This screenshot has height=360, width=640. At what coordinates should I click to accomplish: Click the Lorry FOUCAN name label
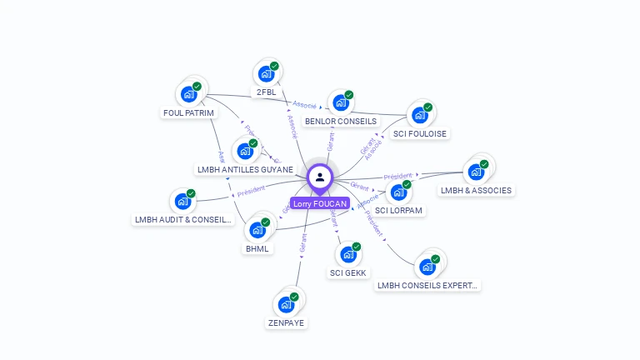319,203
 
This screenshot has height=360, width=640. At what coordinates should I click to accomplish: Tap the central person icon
319,177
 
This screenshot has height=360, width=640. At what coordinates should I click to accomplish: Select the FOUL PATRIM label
188,112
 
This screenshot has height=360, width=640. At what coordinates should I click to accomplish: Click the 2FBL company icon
266,74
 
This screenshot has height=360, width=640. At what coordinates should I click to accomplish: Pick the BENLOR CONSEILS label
341,121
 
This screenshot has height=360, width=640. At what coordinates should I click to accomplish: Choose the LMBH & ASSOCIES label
477,190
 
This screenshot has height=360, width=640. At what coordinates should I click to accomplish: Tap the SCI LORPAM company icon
399,192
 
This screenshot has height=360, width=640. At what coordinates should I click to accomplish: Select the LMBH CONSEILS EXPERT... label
428,285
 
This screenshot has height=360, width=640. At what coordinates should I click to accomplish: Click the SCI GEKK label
347,272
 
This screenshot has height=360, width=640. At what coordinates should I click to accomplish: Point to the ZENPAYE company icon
286,305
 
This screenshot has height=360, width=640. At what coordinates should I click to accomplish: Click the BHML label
257,248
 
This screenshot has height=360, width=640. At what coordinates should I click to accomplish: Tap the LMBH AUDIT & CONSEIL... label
182,220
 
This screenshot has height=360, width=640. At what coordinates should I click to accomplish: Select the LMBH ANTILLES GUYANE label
245,169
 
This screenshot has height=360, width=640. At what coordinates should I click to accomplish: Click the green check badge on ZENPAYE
294,297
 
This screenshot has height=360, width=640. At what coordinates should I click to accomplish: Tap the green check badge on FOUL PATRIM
197,86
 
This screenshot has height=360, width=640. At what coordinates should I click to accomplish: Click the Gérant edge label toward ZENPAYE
303,242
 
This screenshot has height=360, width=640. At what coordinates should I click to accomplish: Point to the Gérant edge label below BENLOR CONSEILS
331,141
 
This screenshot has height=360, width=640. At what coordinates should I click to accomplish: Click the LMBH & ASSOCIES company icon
476,172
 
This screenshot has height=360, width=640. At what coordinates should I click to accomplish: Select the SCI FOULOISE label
419,133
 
